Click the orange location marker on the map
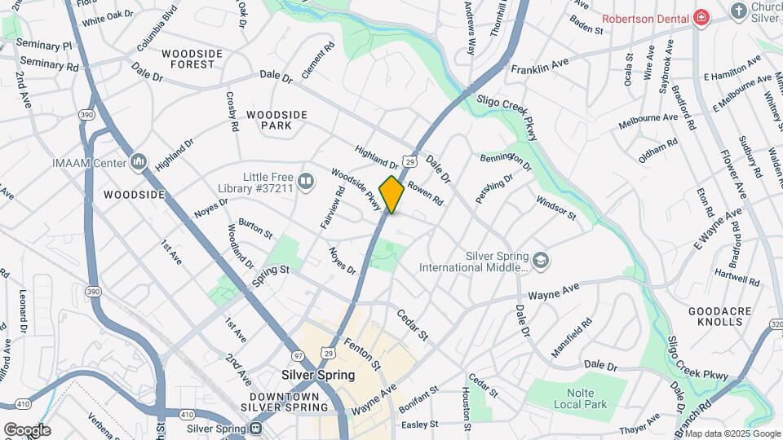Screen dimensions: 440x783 point(392,195)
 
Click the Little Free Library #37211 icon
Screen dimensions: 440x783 point(306,181)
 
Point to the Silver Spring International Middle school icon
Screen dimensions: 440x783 point(540,261)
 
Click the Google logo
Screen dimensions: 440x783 point(27,429)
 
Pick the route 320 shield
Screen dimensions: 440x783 point(775,324)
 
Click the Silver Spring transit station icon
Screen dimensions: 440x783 point(256,429)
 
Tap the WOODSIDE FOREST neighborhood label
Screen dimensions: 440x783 point(192,59)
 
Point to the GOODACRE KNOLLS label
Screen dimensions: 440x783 point(715,316)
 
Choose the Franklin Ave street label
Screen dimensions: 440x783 point(539,65)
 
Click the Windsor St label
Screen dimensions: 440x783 point(555,206)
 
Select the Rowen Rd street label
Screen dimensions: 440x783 point(425,193)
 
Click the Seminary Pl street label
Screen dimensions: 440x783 point(44,46)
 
